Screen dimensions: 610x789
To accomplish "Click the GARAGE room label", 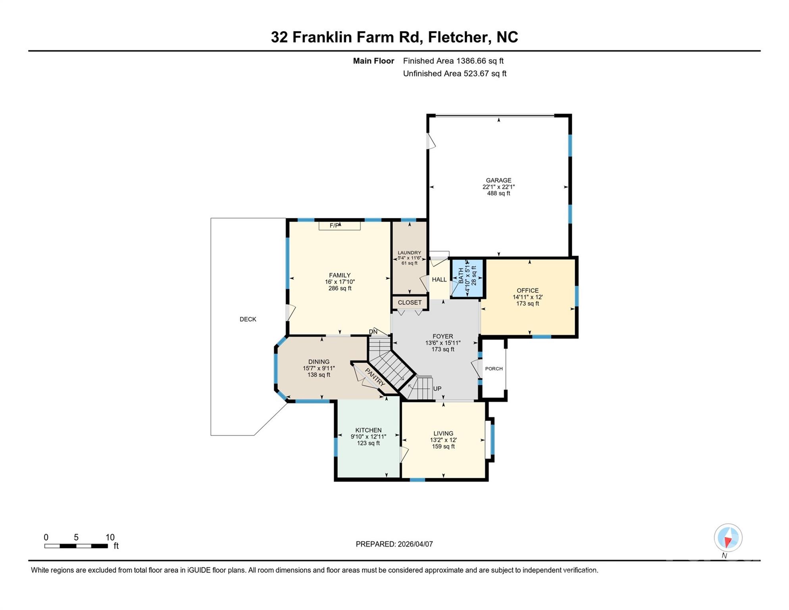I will pyautogui.click(x=498, y=180).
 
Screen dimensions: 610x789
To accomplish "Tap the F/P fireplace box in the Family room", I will pyautogui.click(x=339, y=226).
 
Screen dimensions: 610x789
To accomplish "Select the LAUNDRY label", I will pyautogui.click(x=409, y=253).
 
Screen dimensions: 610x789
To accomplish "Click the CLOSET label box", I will pyautogui.click(x=410, y=303).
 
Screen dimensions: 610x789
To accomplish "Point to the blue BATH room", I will pyautogui.click(x=468, y=278).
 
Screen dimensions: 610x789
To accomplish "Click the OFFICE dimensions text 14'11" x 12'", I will pyautogui.click(x=527, y=297).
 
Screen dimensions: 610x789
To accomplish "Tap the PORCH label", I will pyautogui.click(x=494, y=369).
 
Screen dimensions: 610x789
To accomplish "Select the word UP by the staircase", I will pyautogui.click(x=437, y=388).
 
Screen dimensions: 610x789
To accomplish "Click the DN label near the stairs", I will pyautogui.click(x=373, y=332).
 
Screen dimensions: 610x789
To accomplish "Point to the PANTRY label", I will pyautogui.click(x=375, y=377).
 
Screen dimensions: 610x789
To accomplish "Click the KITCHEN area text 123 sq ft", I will pyautogui.click(x=368, y=443).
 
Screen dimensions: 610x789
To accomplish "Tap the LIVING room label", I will pyautogui.click(x=443, y=434).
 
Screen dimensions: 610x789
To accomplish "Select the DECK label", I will pyautogui.click(x=248, y=319).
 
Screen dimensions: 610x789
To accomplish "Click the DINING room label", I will pyautogui.click(x=319, y=362).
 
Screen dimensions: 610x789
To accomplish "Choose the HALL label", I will pyautogui.click(x=439, y=280).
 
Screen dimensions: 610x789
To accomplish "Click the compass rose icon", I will pyautogui.click(x=728, y=538).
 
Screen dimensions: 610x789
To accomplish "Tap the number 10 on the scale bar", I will pyautogui.click(x=110, y=537).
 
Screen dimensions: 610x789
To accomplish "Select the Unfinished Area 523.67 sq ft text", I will pyautogui.click(x=454, y=73).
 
